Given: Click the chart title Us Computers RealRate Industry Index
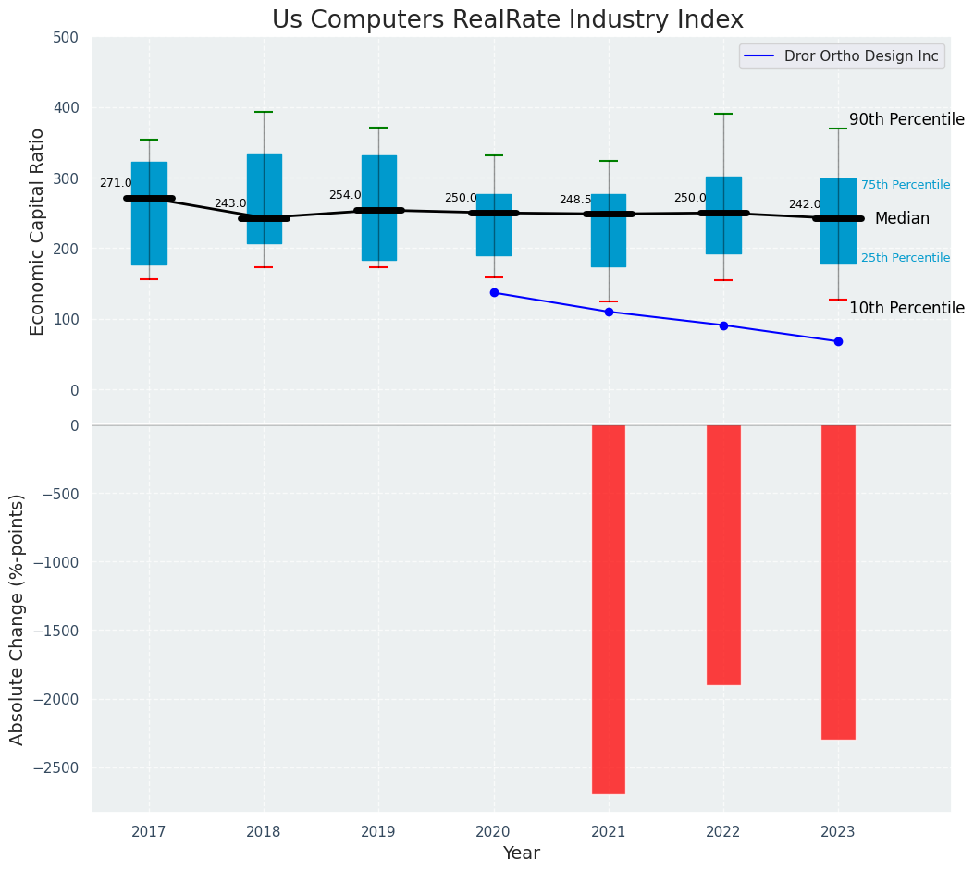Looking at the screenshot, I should pyautogui.click(x=507, y=20).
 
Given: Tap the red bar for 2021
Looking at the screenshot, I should pyautogui.click(x=609, y=608).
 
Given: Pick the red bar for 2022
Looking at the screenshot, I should pyautogui.click(x=723, y=555).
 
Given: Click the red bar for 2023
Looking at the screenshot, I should pyautogui.click(x=838, y=582).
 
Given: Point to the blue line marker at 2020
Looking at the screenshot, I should pyautogui.click(x=494, y=293).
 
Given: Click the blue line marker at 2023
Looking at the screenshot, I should pyautogui.click(x=838, y=341).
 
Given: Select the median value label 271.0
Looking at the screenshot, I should pyautogui.click(x=116, y=183).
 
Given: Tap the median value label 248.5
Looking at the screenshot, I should pyautogui.click(x=574, y=200).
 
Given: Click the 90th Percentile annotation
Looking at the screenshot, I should pyautogui.click(x=906, y=119).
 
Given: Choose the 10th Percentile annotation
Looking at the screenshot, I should pyautogui.click(x=906, y=308).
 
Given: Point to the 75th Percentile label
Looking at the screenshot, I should pyautogui.click(x=905, y=185).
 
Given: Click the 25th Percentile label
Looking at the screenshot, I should pyautogui.click(x=905, y=258).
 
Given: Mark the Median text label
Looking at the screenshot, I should pyautogui.click(x=902, y=218).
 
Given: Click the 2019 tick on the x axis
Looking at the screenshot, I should pyautogui.click(x=378, y=832).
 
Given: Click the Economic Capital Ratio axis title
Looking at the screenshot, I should pyautogui.click(x=38, y=231).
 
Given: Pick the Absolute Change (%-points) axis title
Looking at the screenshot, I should pyautogui.click(x=18, y=620).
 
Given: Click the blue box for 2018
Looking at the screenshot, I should pyautogui.click(x=264, y=199).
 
